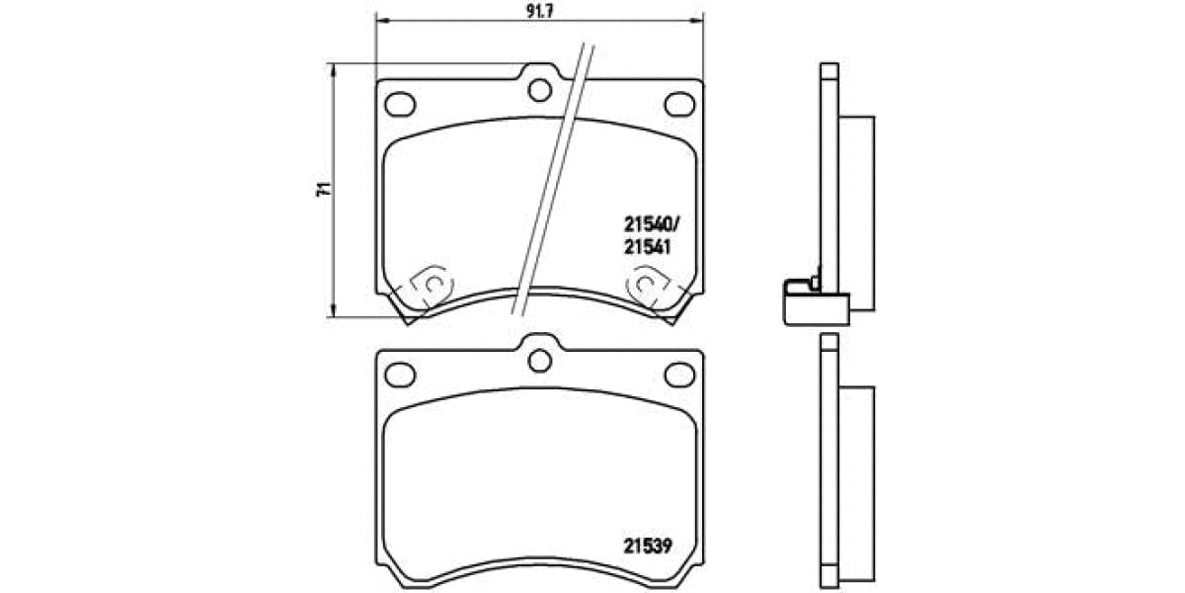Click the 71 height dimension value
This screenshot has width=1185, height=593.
click(320, 191)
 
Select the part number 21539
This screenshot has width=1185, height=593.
click(647, 544)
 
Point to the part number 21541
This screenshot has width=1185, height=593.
click(647, 249)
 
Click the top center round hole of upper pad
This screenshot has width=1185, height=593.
click(539, 91)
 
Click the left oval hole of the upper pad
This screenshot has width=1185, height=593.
click(399, 104)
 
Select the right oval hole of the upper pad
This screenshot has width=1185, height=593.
click(678, 104)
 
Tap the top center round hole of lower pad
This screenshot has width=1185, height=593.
click(539, 361)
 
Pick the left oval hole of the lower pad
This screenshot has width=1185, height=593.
click(399, 374)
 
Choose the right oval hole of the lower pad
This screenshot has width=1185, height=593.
click(678, 374)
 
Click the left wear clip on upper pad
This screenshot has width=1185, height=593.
click(428, 287)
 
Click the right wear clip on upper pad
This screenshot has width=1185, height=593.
click(649, 287)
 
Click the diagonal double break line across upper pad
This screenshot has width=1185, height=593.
click(553, 178)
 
